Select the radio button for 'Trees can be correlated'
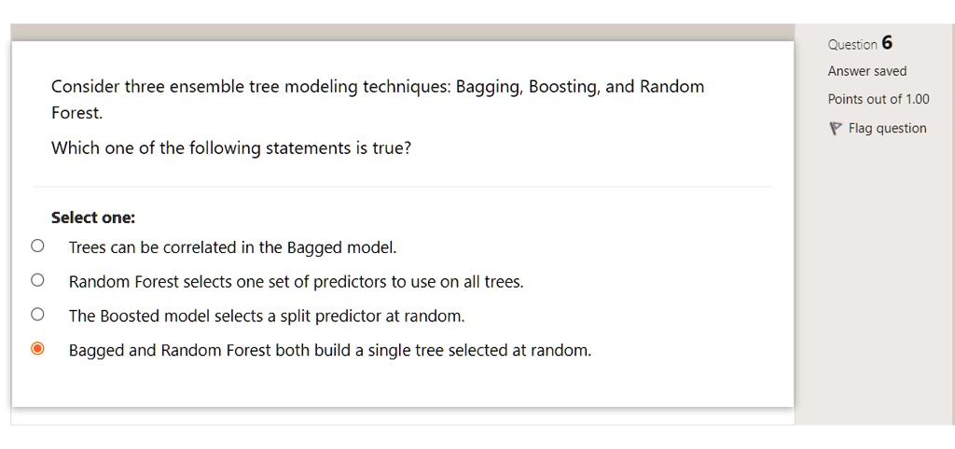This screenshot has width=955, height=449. [37, 247]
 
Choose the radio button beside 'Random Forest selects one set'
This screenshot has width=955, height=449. [37, 281]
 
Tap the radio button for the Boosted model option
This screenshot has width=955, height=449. [37, 316]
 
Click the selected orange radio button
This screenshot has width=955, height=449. [37, 350]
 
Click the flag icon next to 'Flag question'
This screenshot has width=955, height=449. [836, 129]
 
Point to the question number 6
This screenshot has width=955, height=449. [887, 43]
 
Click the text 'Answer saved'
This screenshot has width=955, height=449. [866, 71]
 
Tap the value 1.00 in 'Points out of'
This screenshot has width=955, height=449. [918, 99]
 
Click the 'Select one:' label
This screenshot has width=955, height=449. [93, 217]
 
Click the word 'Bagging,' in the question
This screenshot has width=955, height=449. [489, 87]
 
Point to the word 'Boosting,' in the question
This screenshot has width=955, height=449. [564, 87]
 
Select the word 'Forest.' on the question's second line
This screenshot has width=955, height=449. [77, 113]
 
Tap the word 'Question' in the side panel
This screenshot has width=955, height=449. [852, 45]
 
